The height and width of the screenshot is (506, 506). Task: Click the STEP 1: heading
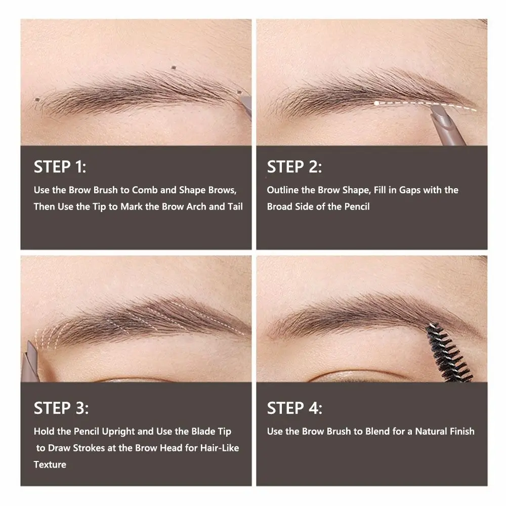point(60,167)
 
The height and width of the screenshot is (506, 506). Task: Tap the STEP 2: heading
point(294,167)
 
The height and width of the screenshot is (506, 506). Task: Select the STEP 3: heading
point(61,408)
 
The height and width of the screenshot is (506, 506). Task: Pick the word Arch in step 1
point(205,206)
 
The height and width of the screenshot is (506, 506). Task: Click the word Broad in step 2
point(280,206)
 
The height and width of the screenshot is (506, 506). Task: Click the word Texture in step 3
point(50,465)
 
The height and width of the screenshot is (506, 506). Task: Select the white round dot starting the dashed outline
point(377,103)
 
